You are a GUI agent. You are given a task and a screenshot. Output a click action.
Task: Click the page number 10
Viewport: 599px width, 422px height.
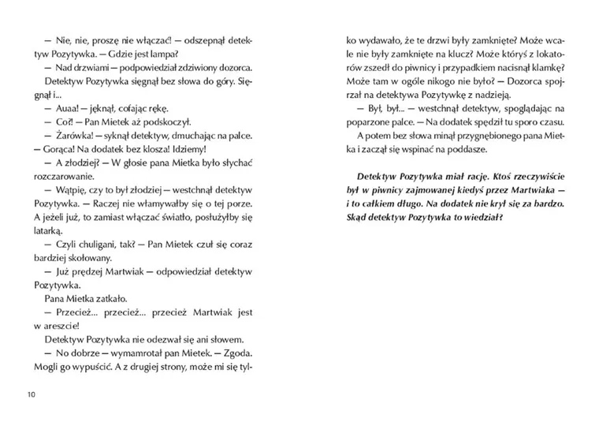[x=31, y=393]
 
